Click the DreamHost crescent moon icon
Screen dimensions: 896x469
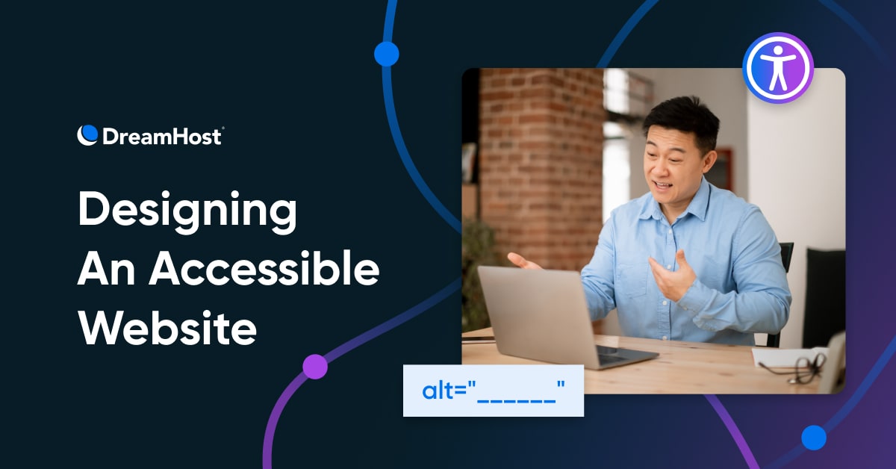click(x=87, y=135)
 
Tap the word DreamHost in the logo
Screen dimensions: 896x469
click(x=162, y=137)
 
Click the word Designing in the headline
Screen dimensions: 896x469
click(x=187, y=211)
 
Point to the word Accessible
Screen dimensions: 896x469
click(x=264, y=267)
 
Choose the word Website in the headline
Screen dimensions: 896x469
click(x=167, y=327)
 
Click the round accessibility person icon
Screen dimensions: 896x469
click(x=778, y=68)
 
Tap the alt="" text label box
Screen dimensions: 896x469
click(x=494, y=391)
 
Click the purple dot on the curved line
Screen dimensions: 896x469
click(x=315, y=367)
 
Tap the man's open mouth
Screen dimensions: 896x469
click(x=662, y=185)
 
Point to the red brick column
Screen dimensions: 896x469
click(x=542, y=168)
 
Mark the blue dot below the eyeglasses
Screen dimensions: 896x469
click(x=814, y=438)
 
